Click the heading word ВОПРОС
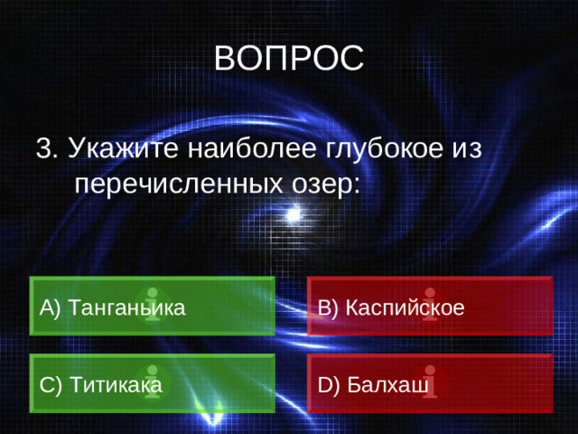pos(289,59)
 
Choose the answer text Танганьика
pos(126,307)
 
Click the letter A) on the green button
pos(51,307)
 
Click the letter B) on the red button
pos(327,307)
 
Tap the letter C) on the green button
pos(51,384)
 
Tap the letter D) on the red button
pos(328,384)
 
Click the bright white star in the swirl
pos(293,215)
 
